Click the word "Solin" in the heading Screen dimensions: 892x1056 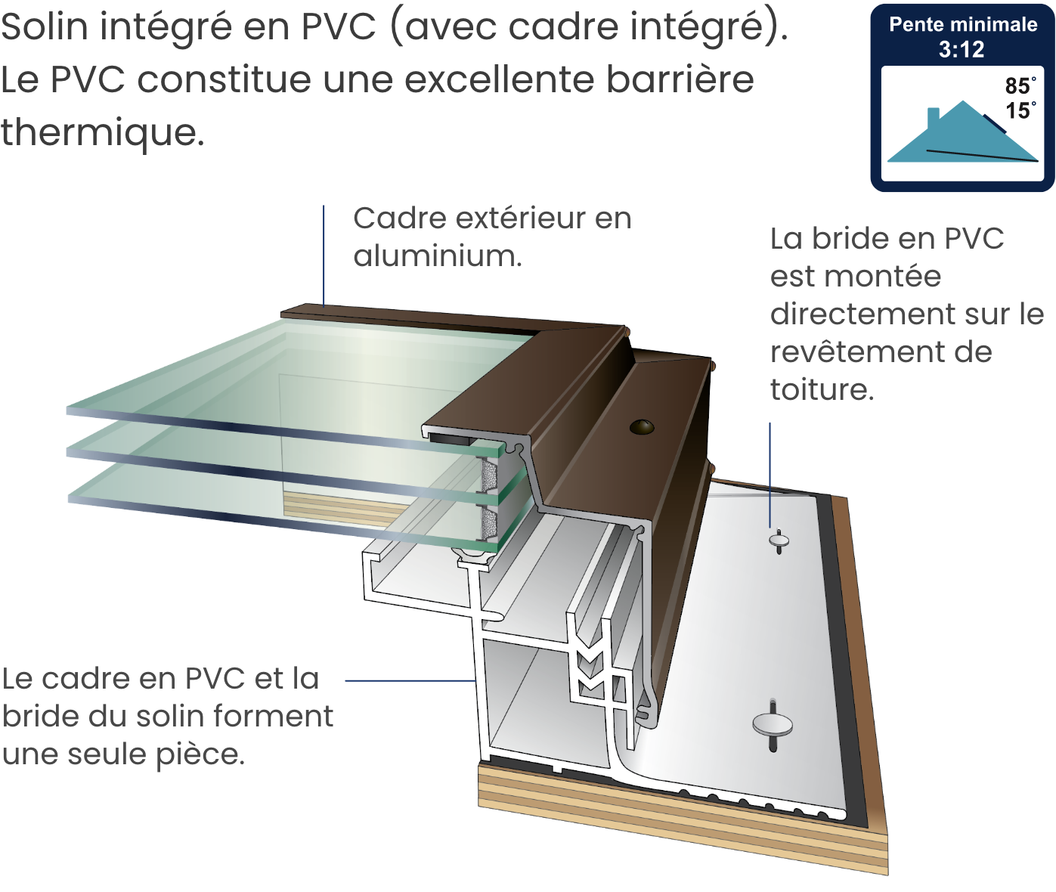point(44,27)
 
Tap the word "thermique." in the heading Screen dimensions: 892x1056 point(102,133)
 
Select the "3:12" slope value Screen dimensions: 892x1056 point(962,50)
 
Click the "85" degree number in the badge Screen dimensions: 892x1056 point(1017,86)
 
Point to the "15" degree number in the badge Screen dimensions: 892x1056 point(1017,111)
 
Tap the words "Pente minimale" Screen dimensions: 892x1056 point(962,25)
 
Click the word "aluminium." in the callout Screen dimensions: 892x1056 point(438,256)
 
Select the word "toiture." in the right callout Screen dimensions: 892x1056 point(822,390)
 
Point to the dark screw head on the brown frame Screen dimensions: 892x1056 point(642,427)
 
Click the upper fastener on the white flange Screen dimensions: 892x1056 point(779,540)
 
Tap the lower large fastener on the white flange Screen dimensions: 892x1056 point(773,725)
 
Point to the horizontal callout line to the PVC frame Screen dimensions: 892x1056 point(410,680)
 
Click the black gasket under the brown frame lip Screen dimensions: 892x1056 point(452,438)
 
